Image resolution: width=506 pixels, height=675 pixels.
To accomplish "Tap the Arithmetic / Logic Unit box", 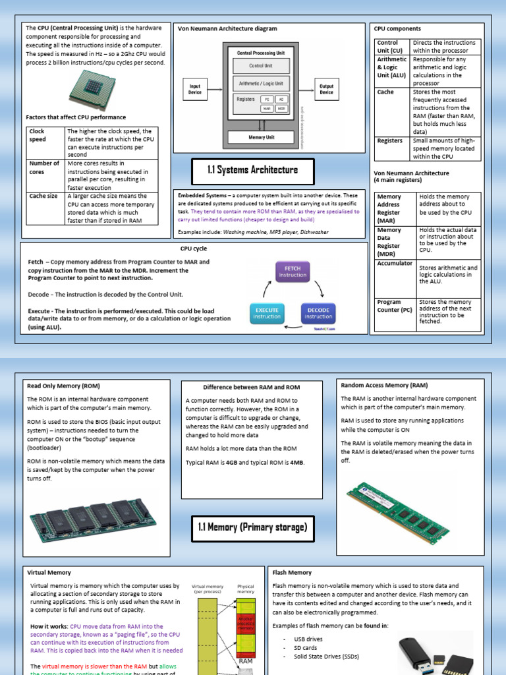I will pos(260,84).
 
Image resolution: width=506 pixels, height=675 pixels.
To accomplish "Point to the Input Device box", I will pos(195,90).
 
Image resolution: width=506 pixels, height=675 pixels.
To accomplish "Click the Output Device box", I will pos(326,90).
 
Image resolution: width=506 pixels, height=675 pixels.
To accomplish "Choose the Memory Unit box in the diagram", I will pos(261,137).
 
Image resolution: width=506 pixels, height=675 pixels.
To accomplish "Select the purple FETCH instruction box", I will pos(292,272).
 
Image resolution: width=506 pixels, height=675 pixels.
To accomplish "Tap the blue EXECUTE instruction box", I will pos(266,313).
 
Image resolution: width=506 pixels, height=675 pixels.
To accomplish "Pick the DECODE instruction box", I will pos(318,313).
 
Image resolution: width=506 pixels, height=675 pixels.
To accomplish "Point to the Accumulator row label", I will pos(395,264).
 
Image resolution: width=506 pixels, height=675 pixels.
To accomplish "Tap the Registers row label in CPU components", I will pos(390,140).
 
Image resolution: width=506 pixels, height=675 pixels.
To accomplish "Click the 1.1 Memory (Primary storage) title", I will pos(252,527).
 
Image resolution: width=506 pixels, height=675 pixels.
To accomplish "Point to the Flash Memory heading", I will pos(292,572).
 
